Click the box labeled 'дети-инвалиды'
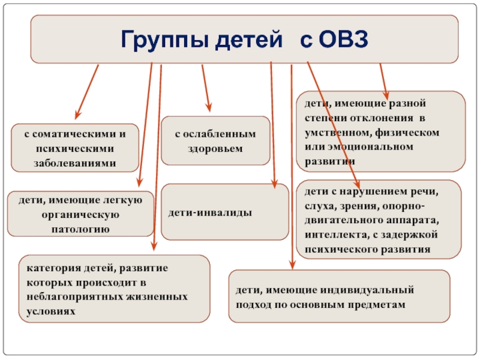point(224,212)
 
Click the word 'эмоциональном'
point(375,146)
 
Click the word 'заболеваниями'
point(76,163)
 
